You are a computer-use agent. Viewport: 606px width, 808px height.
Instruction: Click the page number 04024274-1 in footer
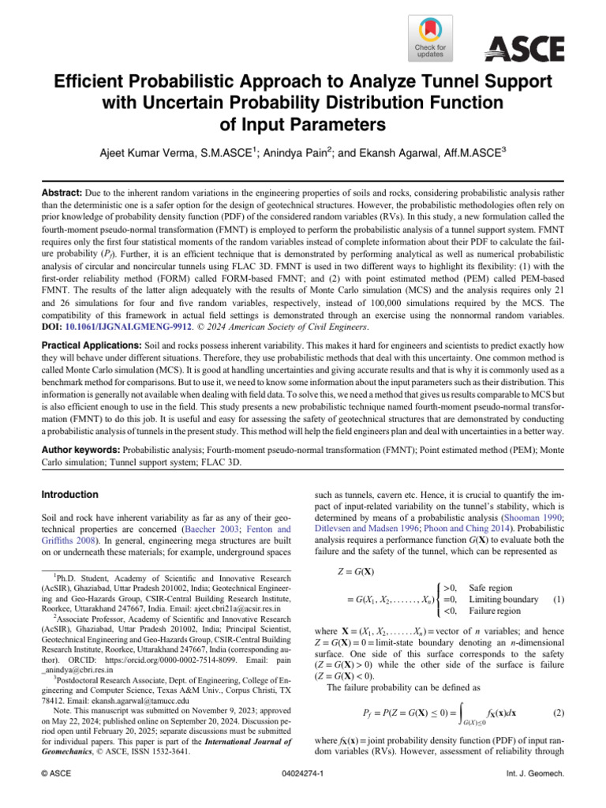click(303, 795)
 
